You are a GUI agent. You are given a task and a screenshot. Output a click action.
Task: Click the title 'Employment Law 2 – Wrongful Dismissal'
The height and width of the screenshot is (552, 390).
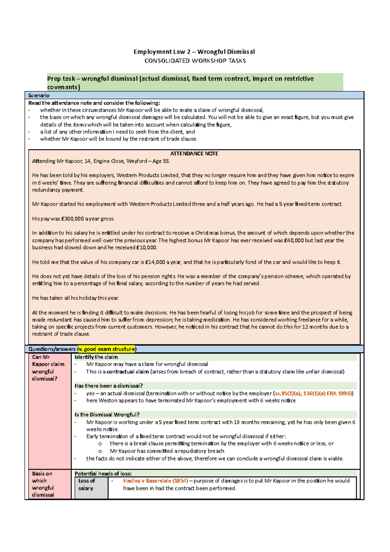click(194, 52)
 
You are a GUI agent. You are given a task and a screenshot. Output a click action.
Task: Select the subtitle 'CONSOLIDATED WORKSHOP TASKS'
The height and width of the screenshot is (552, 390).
click(195, 61)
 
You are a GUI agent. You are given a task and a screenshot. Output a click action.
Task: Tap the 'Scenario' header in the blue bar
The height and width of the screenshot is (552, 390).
click(39, 95)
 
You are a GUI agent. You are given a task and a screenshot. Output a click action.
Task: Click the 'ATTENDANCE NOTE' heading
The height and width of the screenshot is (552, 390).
click(194, 153)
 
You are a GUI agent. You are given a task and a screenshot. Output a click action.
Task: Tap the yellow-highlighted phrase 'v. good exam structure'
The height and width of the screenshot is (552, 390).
click(106, 349)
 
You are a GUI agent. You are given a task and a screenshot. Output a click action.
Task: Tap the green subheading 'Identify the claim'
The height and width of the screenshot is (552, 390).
click(96, 357)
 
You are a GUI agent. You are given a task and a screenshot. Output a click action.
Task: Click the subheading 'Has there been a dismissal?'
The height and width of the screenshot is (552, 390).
click(109, 386)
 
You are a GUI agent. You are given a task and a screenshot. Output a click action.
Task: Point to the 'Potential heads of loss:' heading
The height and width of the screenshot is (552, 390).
click(103, 474)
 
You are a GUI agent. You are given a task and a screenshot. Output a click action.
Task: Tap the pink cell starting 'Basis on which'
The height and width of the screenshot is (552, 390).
click(43, 484)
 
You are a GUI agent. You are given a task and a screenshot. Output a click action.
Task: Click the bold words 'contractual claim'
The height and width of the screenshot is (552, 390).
click(127, 372)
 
